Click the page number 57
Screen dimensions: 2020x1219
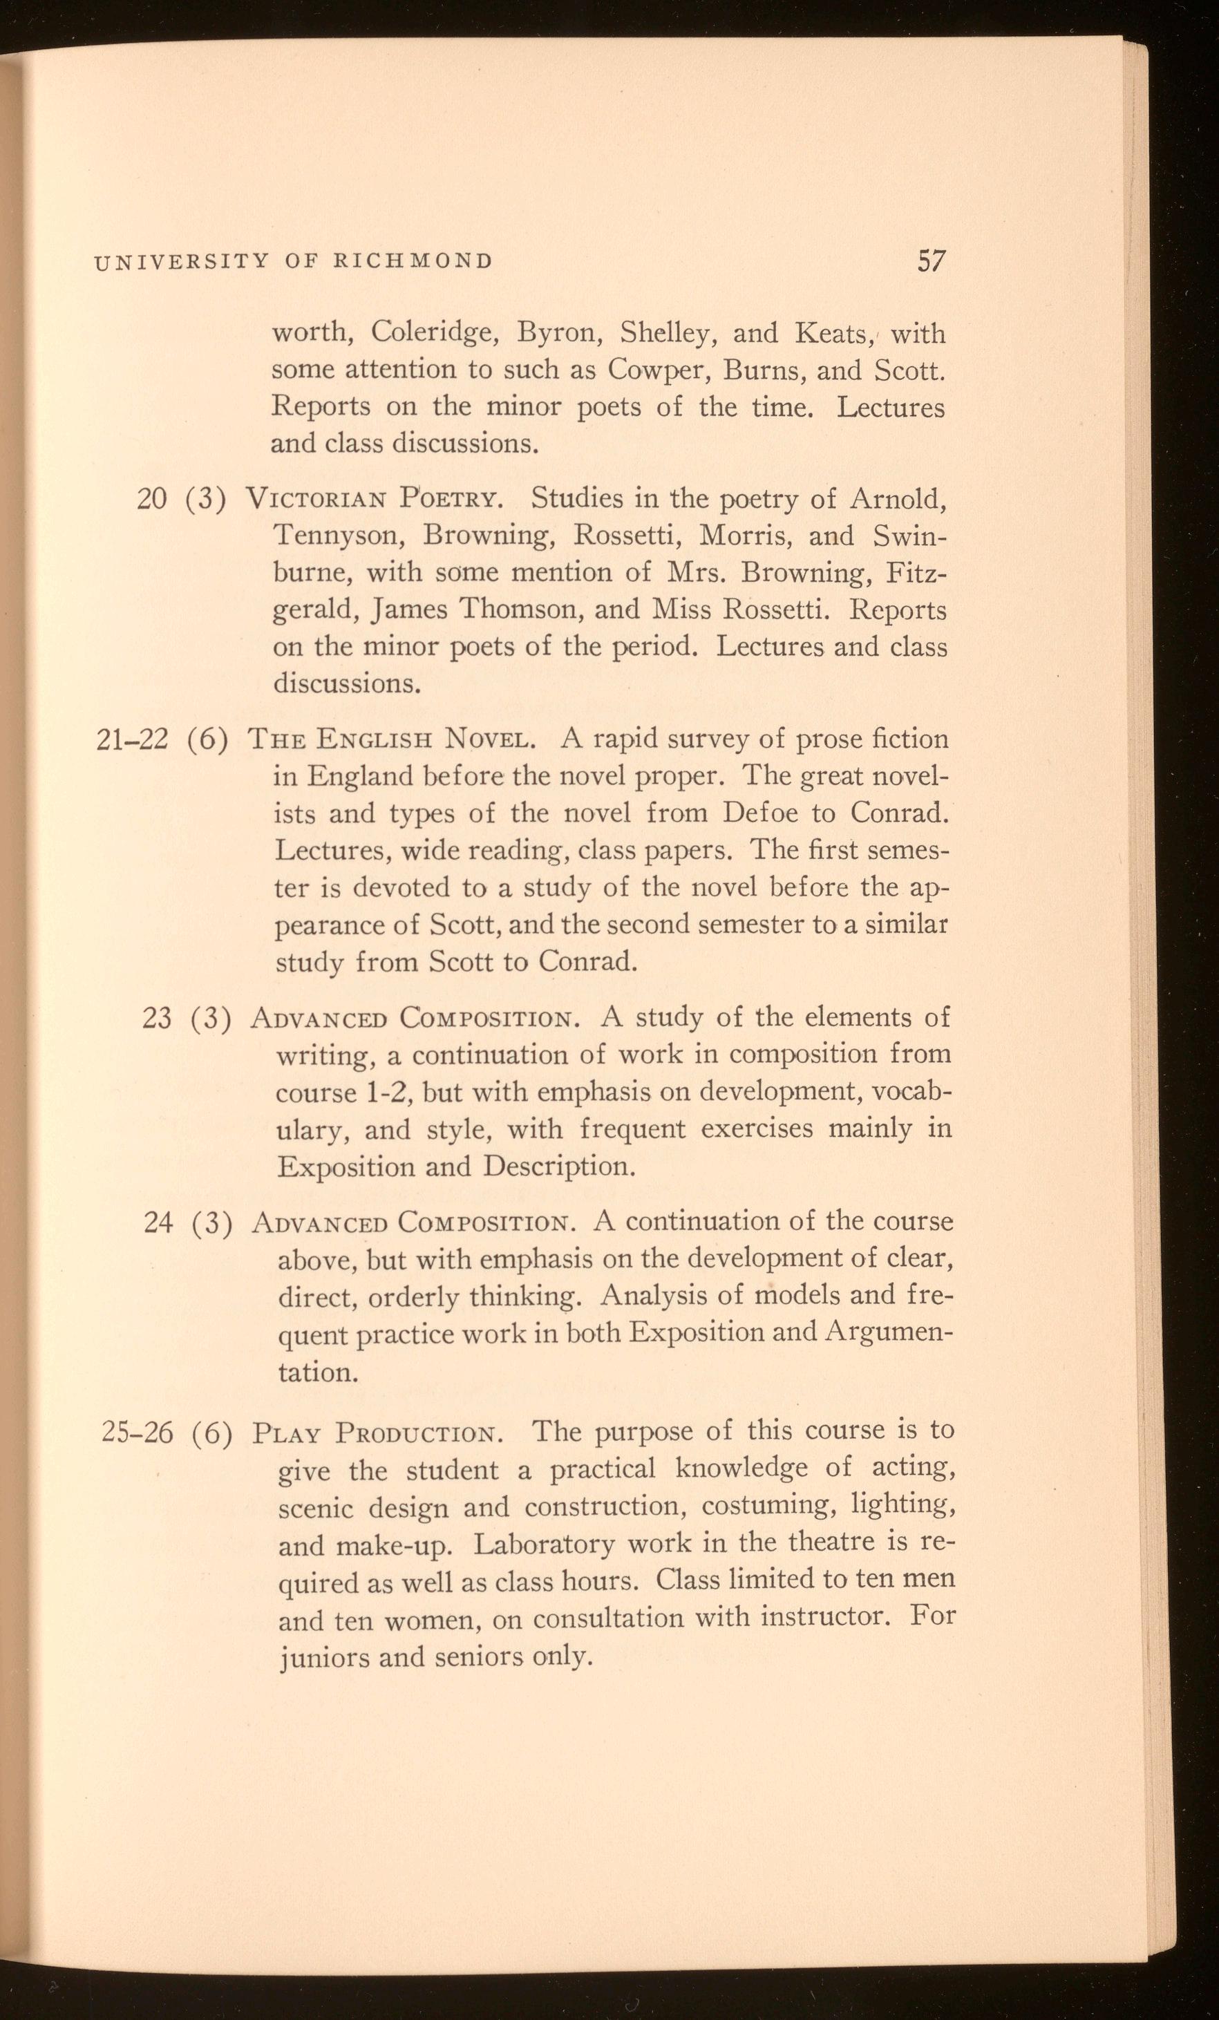[x=932, y=261]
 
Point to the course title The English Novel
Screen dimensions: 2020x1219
[x=393, y=740]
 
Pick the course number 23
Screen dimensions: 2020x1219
[x=157, y=1018]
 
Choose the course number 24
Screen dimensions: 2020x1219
[x=158, y=1223]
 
